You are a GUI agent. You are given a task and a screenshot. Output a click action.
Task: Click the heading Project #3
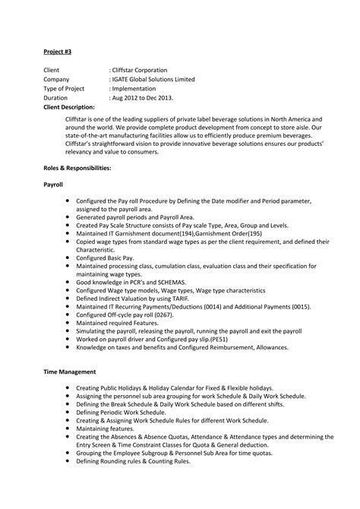click(58, 53)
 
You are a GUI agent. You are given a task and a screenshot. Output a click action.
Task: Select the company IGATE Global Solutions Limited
click(154, 79)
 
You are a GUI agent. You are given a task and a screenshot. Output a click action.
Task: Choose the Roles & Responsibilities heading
click(77, 166)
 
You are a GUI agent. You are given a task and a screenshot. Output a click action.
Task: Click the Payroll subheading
click(53, 185)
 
